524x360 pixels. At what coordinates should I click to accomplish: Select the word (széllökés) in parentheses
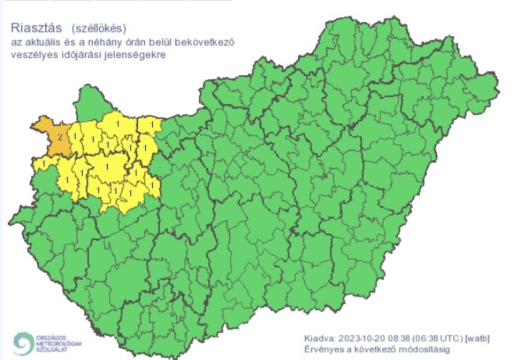[x=98, y=29]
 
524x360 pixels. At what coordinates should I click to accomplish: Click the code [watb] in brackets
[x=485, y=338]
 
